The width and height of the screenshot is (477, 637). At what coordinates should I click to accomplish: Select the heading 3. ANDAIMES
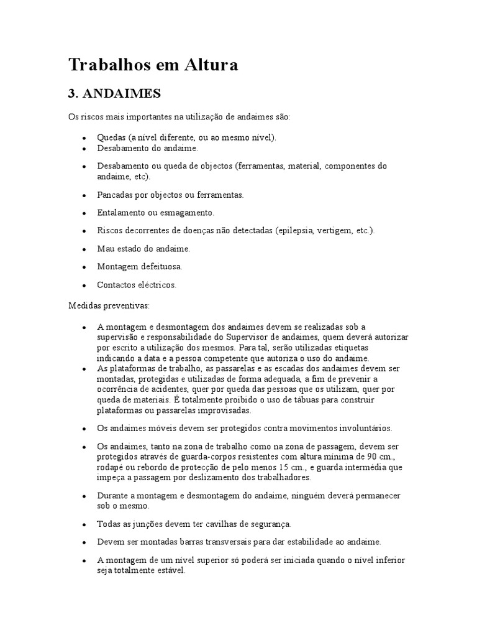point(114,93)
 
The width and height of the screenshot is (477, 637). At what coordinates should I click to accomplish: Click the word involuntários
point(353,429)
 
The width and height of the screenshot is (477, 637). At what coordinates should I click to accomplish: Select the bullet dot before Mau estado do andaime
point(84,249)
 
